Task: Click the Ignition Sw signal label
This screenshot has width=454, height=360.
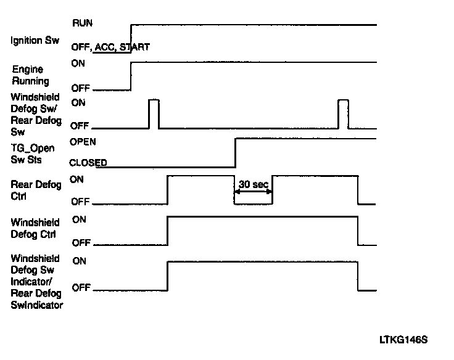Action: (35, 41)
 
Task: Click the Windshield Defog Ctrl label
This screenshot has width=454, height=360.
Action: (35, 228)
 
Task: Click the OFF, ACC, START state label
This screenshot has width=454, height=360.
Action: (110, 47)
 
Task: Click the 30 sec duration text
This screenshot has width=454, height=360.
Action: (253, 184)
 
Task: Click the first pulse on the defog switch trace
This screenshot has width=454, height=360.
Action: (154, 113)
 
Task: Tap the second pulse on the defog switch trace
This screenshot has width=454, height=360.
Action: (342, 113)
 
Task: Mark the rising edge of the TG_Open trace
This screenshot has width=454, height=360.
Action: (236, 152)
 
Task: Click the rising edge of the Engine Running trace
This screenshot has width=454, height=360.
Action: (131, 76)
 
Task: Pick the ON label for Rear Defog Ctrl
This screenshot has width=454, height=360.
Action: (78, 179)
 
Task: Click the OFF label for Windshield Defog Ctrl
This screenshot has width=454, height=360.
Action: (81, 242)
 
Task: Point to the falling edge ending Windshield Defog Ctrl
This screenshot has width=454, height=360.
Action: (358, 229)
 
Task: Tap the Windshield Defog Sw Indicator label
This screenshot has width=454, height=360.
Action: (36, 282)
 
